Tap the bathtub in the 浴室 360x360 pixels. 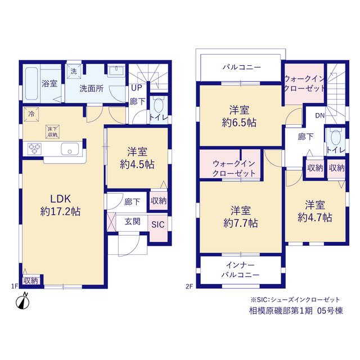tap(31, 84)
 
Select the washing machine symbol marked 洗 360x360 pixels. tap(74, 71)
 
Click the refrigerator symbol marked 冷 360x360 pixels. tap(31, 114)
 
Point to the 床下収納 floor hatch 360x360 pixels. tap(52, 132)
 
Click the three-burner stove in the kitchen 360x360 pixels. tap(34, 148)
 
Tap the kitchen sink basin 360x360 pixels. tap(70, 148)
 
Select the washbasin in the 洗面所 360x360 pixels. tap(116, 70)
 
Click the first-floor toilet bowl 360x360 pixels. tap(158, 106)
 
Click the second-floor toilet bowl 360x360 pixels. tap(336, 137)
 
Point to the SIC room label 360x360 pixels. tap(158, 224)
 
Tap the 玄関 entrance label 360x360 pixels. tap(133, 222)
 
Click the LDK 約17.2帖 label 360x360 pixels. tap(60, 205)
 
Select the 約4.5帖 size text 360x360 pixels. tap(137, 164)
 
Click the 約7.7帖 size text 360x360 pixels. tap(241, 223)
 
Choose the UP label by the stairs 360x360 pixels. tap(137, 88)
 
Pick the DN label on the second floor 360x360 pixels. tap(320, 115)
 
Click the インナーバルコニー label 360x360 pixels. tap(240, 270)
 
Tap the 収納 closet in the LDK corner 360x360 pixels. tap(30, 281)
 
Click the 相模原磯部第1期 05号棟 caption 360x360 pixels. tap(296, 310)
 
